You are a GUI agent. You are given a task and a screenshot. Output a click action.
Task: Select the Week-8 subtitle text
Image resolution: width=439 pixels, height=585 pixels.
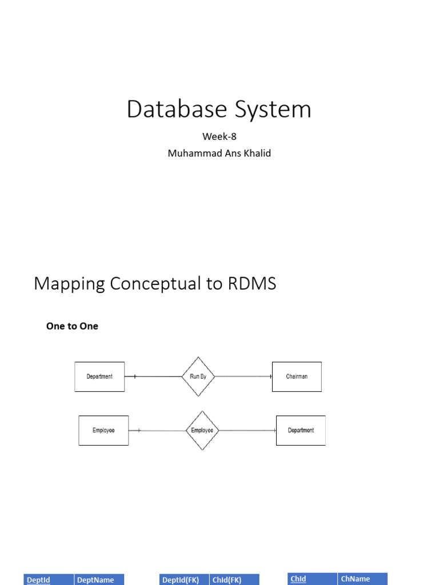(x=219, y=136)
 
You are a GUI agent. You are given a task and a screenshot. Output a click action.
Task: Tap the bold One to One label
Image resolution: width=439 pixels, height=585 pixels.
(x=72, y=326)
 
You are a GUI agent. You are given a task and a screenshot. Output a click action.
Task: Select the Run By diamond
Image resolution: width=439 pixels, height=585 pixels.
(x=198, y=376)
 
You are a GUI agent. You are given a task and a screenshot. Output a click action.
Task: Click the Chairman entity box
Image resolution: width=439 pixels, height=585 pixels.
(x=297, y=376)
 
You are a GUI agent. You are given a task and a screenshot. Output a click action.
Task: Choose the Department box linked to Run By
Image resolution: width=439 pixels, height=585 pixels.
(x=99, y=376)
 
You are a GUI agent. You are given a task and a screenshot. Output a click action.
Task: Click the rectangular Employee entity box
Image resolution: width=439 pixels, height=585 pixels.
(x=103, y=430)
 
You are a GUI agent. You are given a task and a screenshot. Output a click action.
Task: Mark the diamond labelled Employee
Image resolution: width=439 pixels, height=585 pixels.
(x=202, y=430)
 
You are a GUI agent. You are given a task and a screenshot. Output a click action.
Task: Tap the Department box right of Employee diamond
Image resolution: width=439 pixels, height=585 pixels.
(x=301, y=430)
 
